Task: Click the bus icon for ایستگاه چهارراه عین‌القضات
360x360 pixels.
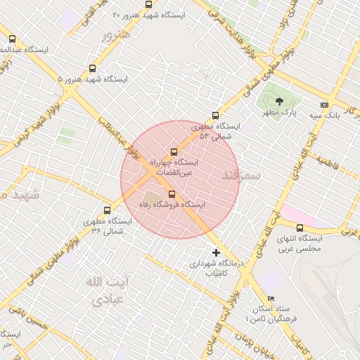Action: pyautogui.click(x=174, y=152)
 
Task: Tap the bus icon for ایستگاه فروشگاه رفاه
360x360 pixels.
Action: pyautogui.click(x=172, y=194)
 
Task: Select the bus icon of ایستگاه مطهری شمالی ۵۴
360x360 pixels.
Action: pyautogui.click(x=215, y=116)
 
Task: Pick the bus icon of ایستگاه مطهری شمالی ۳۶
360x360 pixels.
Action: pyautogui.click(x=107, y=210)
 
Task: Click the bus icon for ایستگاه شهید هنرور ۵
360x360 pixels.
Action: pyautogui.click(x=92, y=69)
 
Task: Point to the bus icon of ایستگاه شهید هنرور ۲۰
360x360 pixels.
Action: pyautogui.click(x=148, y=4)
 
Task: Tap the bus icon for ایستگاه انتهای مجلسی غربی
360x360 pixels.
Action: pyautogui.click(x=300, y=228)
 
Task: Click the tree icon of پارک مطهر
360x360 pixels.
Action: pyautogui.click(x=279, y=101)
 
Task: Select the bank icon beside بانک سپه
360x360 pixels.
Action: pyautogui.click(x=323, y=104)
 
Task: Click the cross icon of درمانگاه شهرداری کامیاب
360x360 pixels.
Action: pyautogui.click(x=216, y=252)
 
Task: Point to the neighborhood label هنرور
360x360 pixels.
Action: pyautogui.click(x=116, y=34)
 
